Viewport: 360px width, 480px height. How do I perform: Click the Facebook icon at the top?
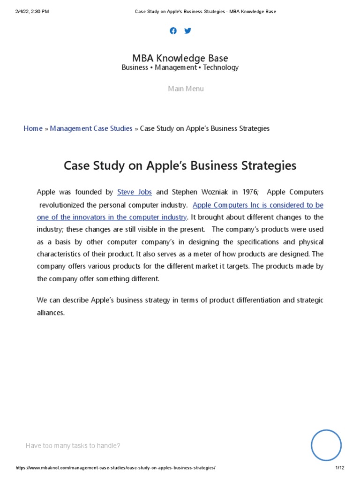click(x=173, y=31)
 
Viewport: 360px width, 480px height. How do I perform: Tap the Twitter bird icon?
click(x=188, y=31)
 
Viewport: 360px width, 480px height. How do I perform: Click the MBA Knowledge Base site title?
click(x=180, y=59)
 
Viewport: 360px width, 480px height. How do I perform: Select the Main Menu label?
click(x=186, y=89)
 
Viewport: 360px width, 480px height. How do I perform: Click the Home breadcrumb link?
click(x=33, y=128)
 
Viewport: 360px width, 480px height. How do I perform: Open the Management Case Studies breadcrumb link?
click(x=91, y=128)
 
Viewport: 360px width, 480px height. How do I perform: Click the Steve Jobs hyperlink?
click(x=135, y=192)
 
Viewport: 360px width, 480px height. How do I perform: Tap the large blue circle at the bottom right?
click(x=326, y=445)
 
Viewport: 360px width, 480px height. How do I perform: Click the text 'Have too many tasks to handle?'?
click(x=73, y=446)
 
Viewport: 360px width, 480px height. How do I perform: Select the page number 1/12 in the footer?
click(x=340, y=468)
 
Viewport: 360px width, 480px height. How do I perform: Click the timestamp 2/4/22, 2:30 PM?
click(x=32, y=11)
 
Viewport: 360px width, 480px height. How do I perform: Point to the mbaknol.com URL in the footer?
click(x=116, y=468)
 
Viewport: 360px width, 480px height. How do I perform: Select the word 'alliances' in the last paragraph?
click(x=50, y=313)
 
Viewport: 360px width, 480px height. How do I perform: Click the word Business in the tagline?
click(x=135, y=67)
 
